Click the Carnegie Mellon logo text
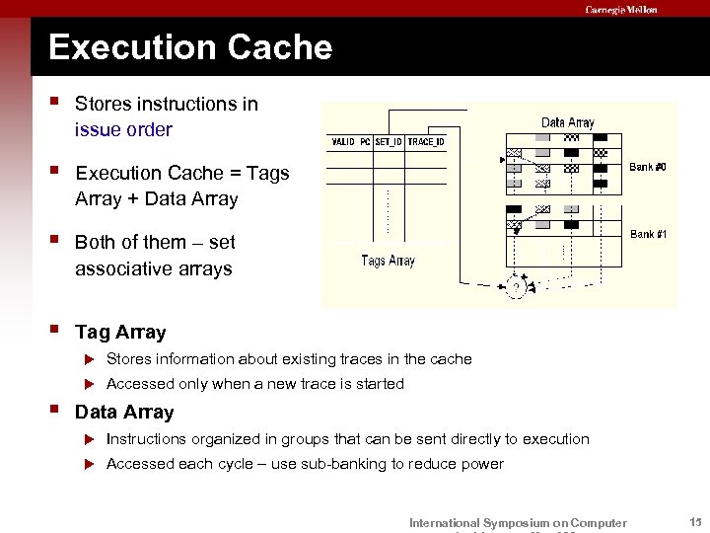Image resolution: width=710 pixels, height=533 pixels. (621, 10)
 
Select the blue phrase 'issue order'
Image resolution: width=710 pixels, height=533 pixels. (123, 129)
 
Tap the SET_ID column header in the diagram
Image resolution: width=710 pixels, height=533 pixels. (389, 142)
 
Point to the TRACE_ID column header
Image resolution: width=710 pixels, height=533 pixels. (426, 142)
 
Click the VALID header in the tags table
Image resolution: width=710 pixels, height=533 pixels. (342, 142)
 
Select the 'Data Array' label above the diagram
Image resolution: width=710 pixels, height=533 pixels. (567, 122)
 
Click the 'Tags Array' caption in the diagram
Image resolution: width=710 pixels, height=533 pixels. (388, 261)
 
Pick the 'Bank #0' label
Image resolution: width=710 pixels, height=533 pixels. (648, 167)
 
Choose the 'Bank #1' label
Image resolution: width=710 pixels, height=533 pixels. (648, 234)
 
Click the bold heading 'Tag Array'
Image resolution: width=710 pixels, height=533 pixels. (120, 333)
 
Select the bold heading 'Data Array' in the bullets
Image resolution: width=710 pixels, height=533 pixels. (124, 413)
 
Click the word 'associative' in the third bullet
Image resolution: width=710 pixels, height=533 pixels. (122, 268)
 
